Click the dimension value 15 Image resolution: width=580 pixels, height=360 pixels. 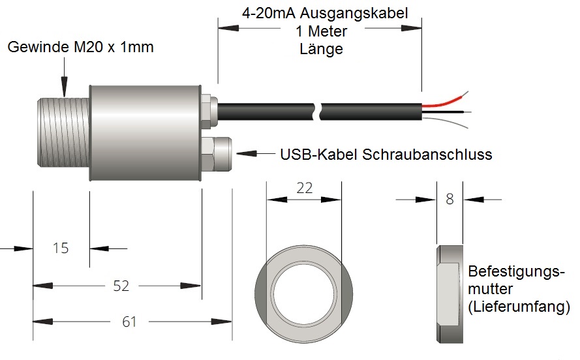61,248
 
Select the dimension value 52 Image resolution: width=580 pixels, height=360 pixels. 121,286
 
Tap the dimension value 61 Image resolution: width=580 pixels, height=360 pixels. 129,322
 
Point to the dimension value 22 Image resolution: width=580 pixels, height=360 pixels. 305,188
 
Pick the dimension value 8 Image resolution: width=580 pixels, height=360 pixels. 450,199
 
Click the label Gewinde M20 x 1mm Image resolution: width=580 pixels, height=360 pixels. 80,47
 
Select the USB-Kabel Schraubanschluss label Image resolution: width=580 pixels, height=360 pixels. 386,154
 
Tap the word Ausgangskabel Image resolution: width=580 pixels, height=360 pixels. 354,13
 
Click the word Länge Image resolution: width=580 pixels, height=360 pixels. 321,49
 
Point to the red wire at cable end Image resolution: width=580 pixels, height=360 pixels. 444,102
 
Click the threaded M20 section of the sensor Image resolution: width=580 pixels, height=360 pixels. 63,132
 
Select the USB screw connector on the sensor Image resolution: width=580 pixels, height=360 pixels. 217,154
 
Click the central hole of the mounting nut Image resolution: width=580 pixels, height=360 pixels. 303,294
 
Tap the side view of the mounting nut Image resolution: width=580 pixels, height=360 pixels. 450,293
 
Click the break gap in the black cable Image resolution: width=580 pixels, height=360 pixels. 318,112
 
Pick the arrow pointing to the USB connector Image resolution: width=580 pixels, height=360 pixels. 256,153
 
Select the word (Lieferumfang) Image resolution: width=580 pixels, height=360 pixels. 519,307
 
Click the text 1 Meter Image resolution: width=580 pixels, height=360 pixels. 321,31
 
